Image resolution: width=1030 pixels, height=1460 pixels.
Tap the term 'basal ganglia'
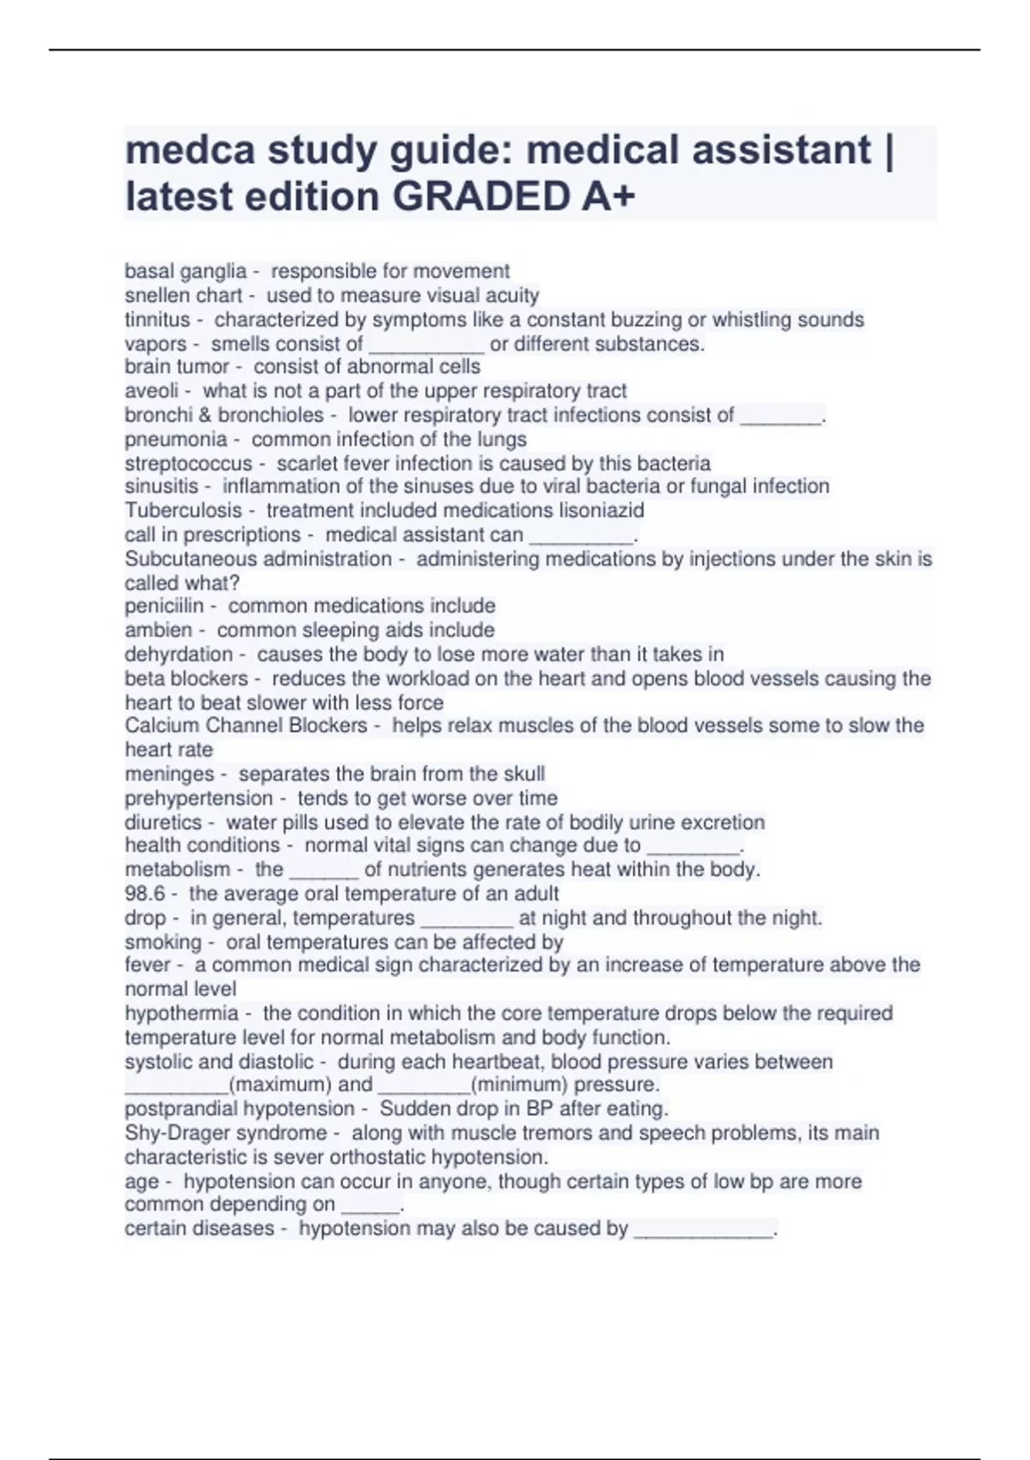point(185,271)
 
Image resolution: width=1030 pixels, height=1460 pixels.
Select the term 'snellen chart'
point(184,295)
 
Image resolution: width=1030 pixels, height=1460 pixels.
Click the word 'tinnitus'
point(157,319)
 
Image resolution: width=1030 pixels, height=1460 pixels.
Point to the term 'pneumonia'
point(176,440)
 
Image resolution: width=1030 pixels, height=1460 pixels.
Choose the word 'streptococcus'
point(189,464)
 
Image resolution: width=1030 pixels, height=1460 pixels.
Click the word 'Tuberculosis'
point(184,510)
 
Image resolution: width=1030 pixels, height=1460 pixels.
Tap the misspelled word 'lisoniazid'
point(602,510)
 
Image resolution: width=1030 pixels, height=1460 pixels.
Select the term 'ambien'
point(159,630)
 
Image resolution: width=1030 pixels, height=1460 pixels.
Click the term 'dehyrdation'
point(179,654)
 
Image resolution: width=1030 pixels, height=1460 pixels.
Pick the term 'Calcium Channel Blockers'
point(246,726)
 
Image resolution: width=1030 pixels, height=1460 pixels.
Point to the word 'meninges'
point(170,774)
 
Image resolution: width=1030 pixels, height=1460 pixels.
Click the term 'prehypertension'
point(199,798)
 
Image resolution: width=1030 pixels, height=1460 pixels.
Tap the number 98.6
point(144,894)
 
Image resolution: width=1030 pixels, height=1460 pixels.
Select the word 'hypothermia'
point(182,1013)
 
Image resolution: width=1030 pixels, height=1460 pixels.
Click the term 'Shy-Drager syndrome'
point(226,1133)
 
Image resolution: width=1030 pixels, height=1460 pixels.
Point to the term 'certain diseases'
point(199,1229)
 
